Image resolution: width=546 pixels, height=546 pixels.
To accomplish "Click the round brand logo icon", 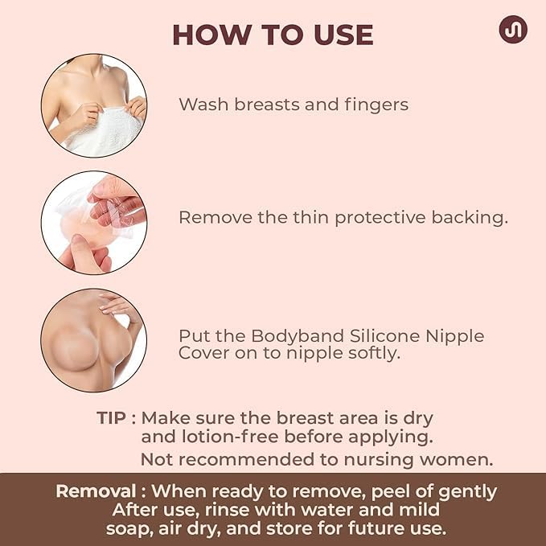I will tap(512, 30).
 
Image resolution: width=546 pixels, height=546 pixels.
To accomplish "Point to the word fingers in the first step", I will tap(380, 105).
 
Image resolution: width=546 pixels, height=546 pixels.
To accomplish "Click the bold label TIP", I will tap(112, 419).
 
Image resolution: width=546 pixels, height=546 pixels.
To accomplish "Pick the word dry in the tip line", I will tap(418, 419).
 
